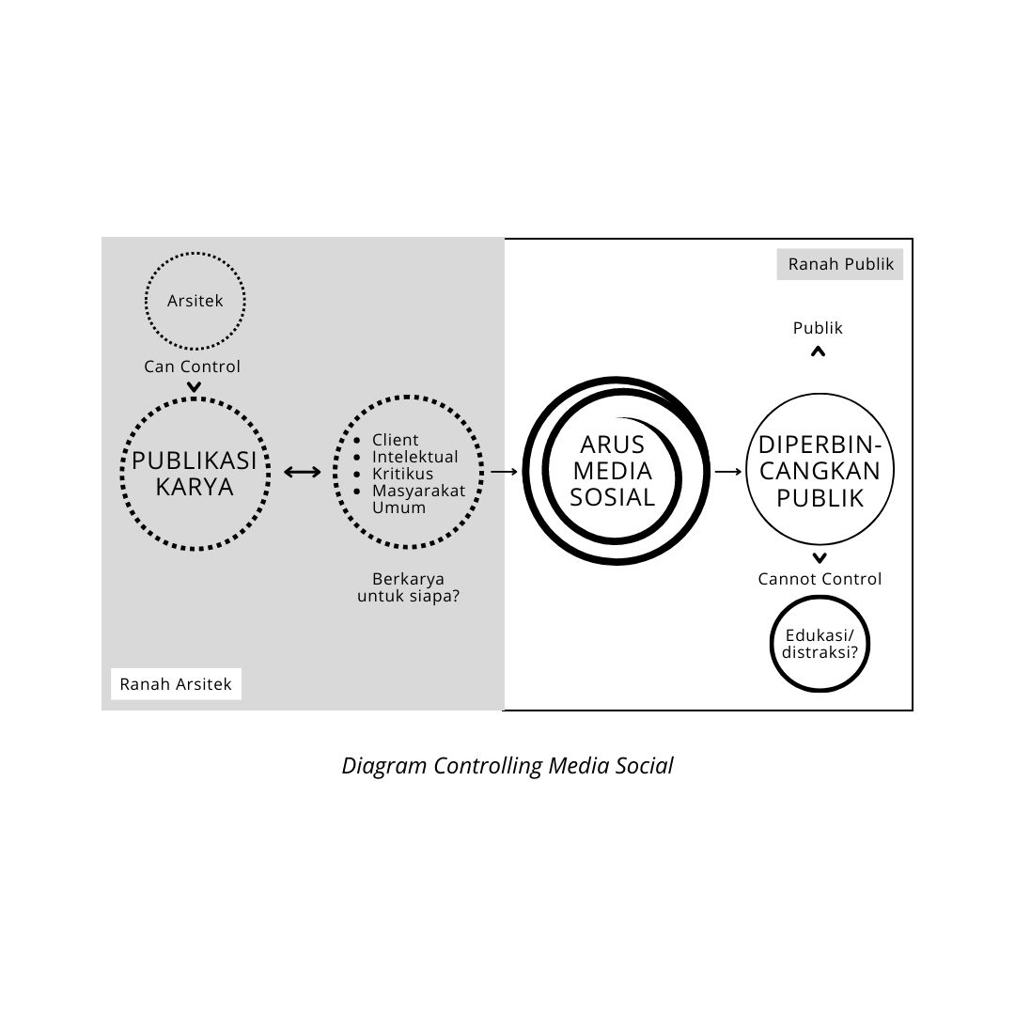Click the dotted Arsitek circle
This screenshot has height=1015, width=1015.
(195, 302)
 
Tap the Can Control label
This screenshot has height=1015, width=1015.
(192, 367)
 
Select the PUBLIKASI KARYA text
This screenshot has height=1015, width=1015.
(195, 474)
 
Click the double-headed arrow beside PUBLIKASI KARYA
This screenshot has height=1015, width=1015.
(303, 472)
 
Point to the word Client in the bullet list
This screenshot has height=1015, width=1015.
(396, 440)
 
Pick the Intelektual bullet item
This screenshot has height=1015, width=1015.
(415, 457)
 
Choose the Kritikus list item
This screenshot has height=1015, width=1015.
(403, 474)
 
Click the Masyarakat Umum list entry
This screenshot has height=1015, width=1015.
(418, 499)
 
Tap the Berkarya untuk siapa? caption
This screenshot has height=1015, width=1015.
(408, 587)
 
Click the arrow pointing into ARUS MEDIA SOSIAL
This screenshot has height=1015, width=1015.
(504, 471)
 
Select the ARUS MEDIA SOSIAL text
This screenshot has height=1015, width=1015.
(613, 471)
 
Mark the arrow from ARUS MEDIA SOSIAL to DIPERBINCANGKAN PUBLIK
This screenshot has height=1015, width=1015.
(727, 471)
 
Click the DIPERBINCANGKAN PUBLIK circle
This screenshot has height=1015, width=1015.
(820, 471)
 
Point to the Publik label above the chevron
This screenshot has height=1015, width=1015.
(818, 328)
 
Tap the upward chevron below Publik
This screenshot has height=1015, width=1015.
(818, 351)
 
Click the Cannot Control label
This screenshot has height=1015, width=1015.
(820, 579)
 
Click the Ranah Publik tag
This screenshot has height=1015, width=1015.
(840, 264)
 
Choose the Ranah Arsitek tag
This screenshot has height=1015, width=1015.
(176, 684)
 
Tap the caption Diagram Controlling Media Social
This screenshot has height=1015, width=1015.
(507, 765)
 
